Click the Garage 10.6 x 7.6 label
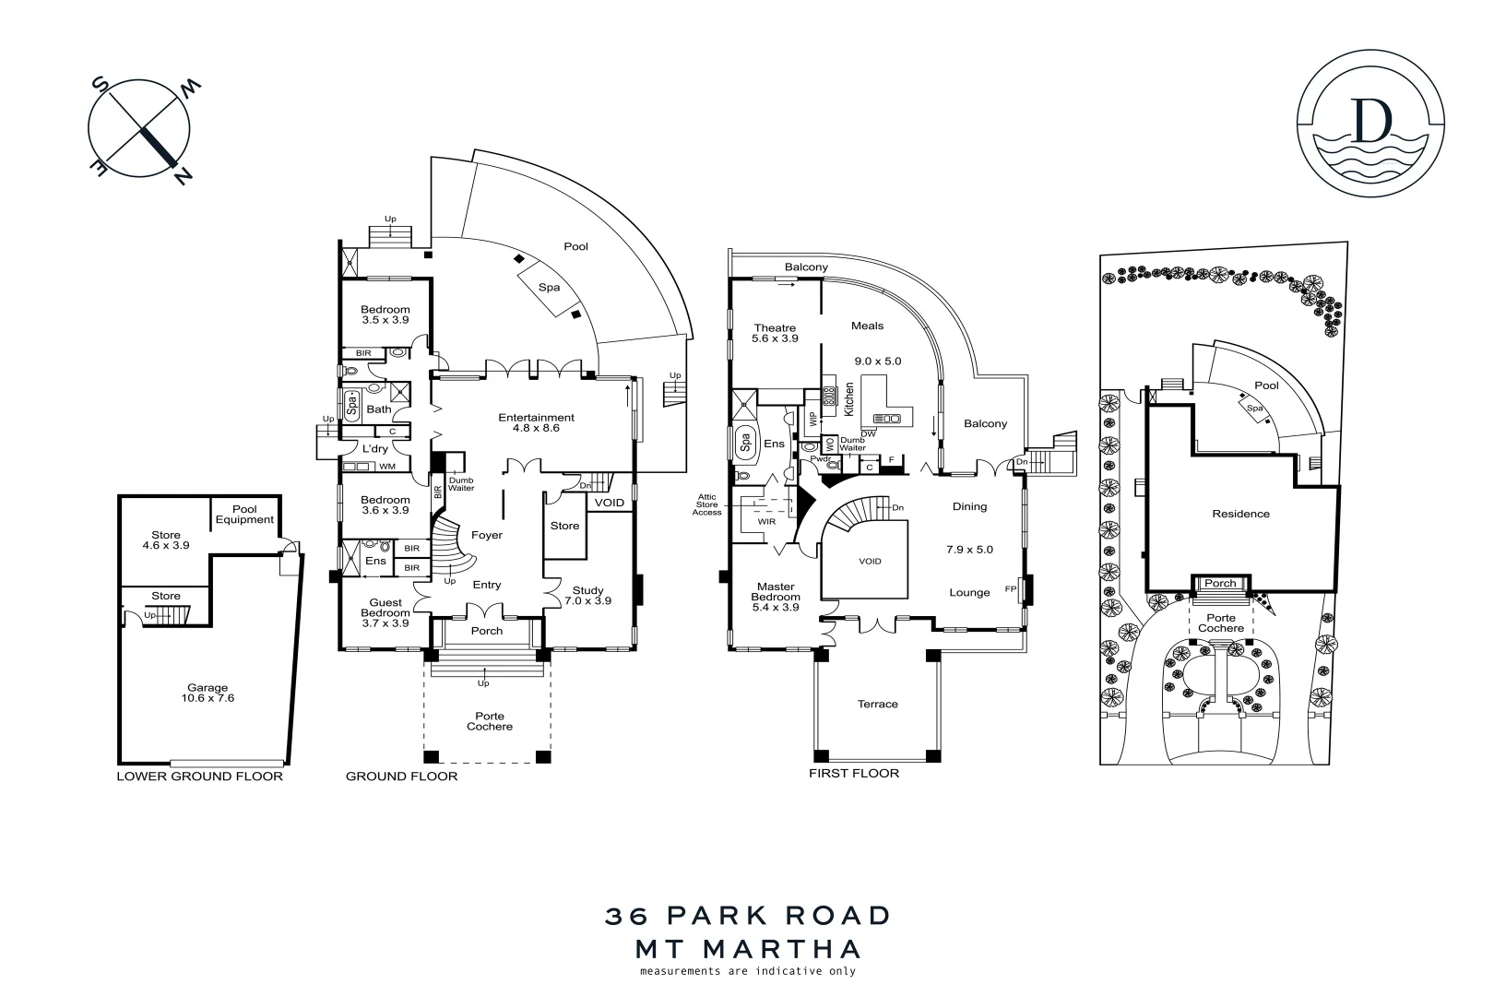click(x=207, y=693)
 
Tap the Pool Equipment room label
click(x=244, y=514)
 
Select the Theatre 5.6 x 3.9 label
click(x=775, y=333)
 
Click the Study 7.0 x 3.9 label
click(x=587, y=596)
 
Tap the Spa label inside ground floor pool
click(x=549, y=287)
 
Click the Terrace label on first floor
click(x=877, y=704)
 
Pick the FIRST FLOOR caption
click(x=853, y=773)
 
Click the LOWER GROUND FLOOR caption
click(x=199, y=776)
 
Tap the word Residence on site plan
click(x=1240, y=514)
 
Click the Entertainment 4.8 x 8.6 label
click(x=536, y=422)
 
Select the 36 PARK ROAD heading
click(x=748, y=916)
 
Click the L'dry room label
click(x=374, y=448)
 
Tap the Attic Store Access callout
click(x=707, y=504)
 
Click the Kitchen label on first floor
click(x=849, y=397)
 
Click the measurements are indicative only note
click(x=747, y=970)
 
